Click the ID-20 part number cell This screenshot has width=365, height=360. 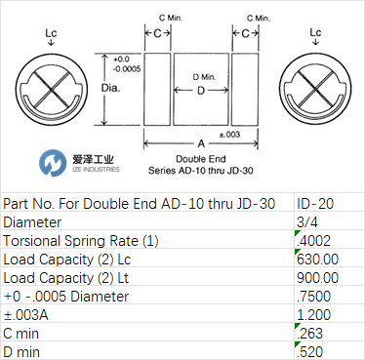[315, 204]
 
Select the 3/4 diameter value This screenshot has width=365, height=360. [307, 222]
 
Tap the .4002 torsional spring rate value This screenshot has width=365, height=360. [314, 241]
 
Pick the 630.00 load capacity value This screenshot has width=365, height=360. [317, 260]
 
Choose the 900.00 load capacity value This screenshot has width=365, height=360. [317, 278]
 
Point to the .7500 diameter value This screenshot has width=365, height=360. [314, 297]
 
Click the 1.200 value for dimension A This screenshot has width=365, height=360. [314, 315]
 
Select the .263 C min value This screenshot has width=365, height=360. [310, 334]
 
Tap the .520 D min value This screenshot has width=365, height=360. [310, 352]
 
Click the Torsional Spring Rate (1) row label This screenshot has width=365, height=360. [81, 241]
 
